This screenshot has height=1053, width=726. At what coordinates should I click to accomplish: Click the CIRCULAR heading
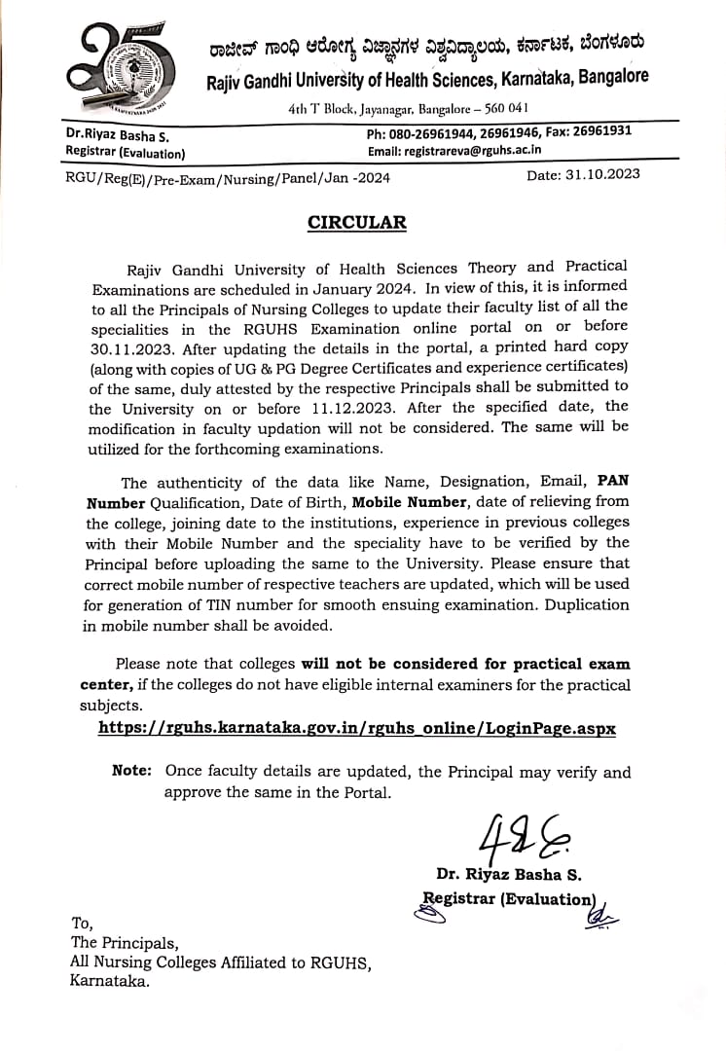point(356,222)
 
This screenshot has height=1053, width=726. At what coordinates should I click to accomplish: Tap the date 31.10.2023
point(583,175)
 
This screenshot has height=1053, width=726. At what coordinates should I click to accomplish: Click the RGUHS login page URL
point(357,728)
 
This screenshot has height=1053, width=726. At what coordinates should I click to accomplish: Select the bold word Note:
point(131,771)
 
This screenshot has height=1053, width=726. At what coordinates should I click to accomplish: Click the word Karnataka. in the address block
point(110,982)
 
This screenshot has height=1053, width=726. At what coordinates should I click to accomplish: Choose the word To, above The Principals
point(83,922)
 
